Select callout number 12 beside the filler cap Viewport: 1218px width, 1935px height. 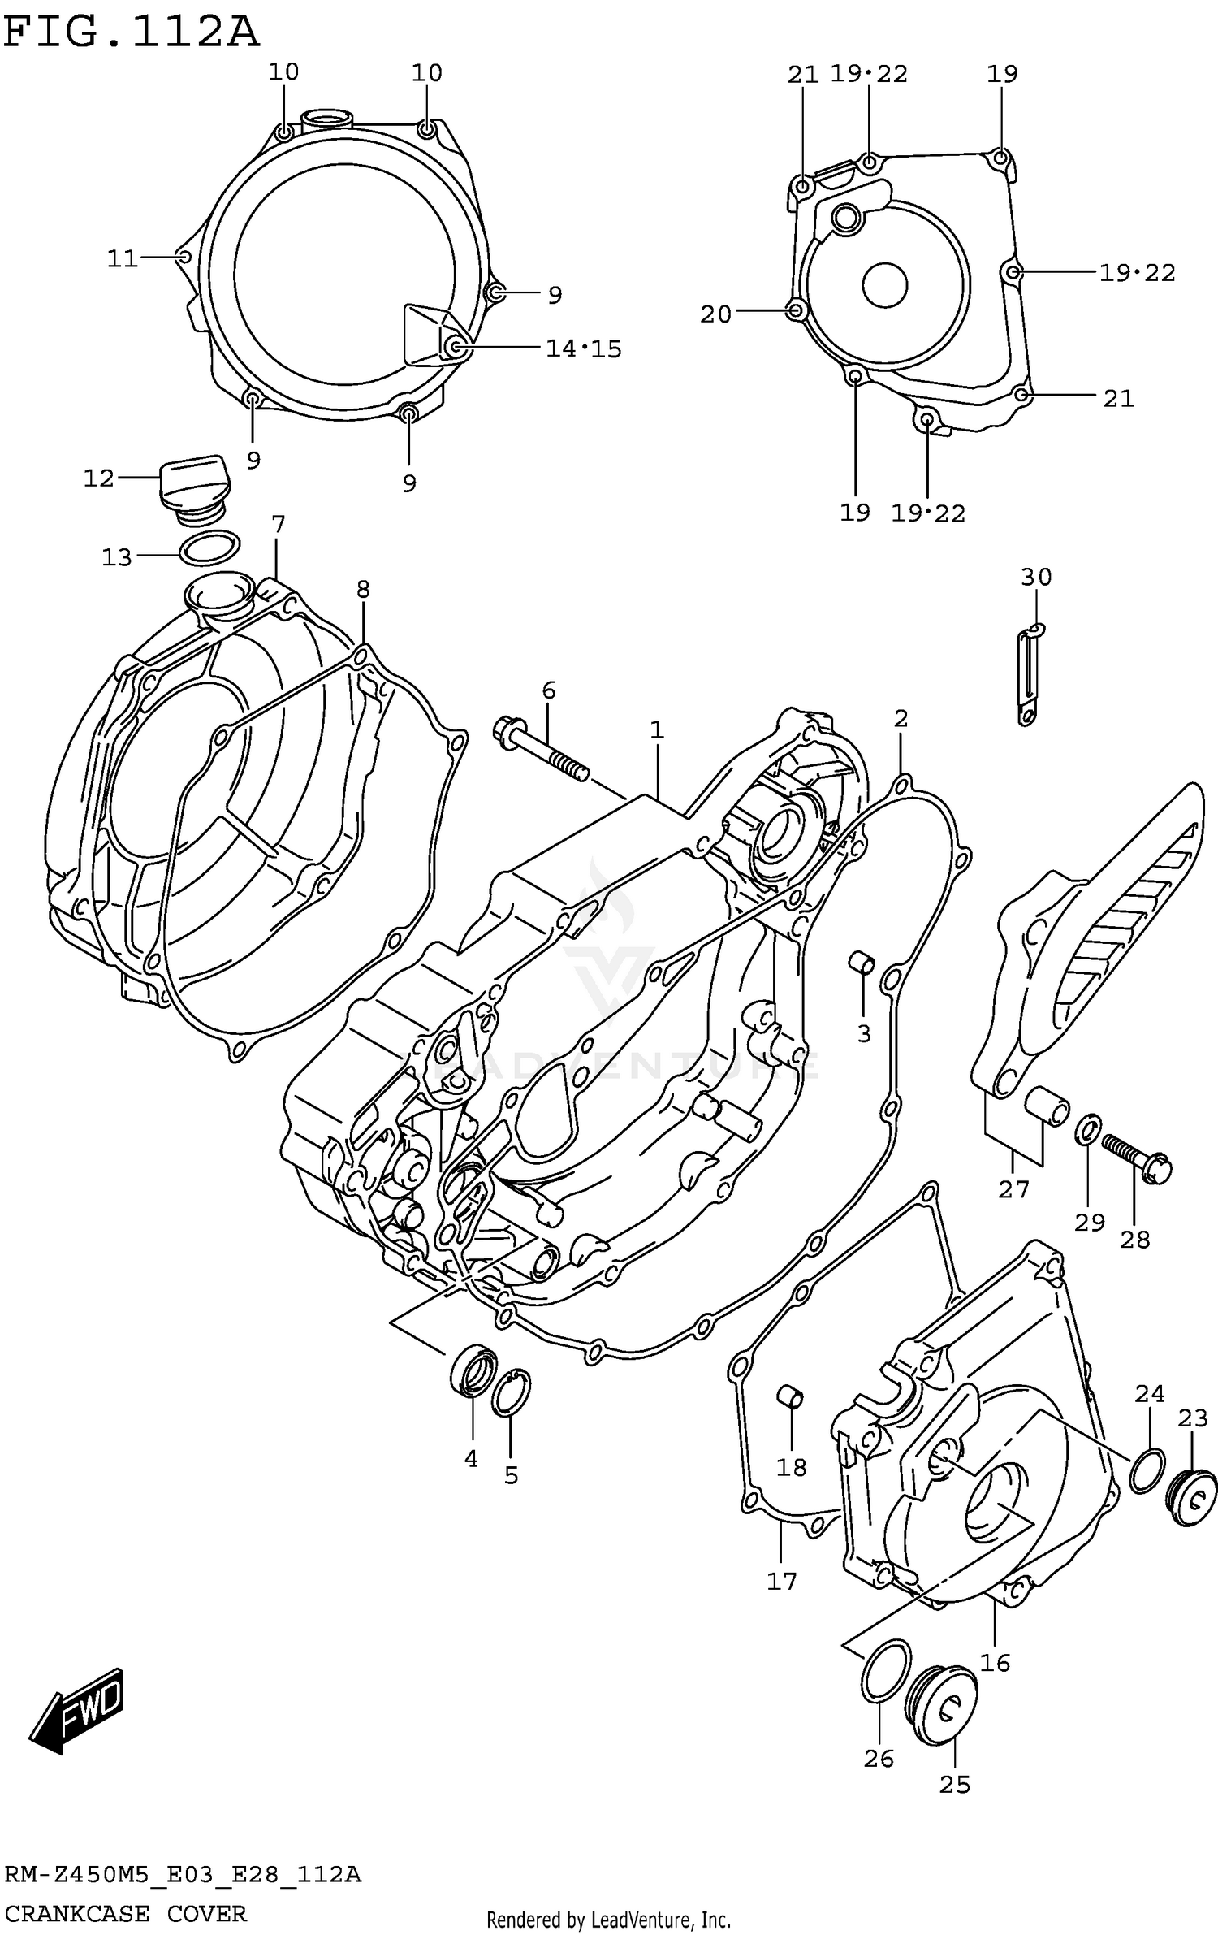click(98, 478)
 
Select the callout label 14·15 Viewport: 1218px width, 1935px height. click(583, 349)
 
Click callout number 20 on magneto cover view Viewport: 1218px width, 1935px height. click(715, 314)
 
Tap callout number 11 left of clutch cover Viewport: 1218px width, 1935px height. click(123, 259)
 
